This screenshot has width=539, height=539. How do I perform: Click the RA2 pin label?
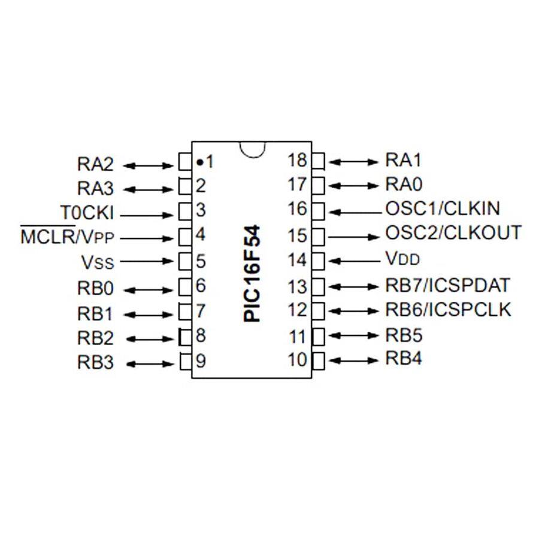95,164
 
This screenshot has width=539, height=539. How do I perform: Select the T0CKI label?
87,213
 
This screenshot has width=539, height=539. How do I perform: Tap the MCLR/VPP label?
67,236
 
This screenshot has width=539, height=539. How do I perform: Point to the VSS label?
98,262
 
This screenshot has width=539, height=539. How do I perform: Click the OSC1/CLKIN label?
443,208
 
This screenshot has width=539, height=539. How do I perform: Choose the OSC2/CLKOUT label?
453,233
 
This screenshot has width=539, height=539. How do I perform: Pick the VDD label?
402,258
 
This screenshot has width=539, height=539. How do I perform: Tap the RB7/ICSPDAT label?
447,285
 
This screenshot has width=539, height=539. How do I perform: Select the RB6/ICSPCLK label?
448,310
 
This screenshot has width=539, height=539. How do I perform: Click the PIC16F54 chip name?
252,274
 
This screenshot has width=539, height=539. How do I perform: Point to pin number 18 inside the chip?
297,160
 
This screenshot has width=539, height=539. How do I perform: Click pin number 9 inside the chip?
201,361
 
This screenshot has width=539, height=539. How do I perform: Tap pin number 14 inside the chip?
297,260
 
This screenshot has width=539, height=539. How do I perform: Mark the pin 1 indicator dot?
199,162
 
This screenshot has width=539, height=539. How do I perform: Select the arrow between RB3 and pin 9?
150,364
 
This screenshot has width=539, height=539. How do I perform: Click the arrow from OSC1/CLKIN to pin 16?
355,213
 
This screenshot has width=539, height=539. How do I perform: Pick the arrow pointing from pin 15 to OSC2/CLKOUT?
354,237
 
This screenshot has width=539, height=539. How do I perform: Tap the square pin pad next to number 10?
318,361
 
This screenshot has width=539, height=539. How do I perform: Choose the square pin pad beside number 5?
185,261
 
